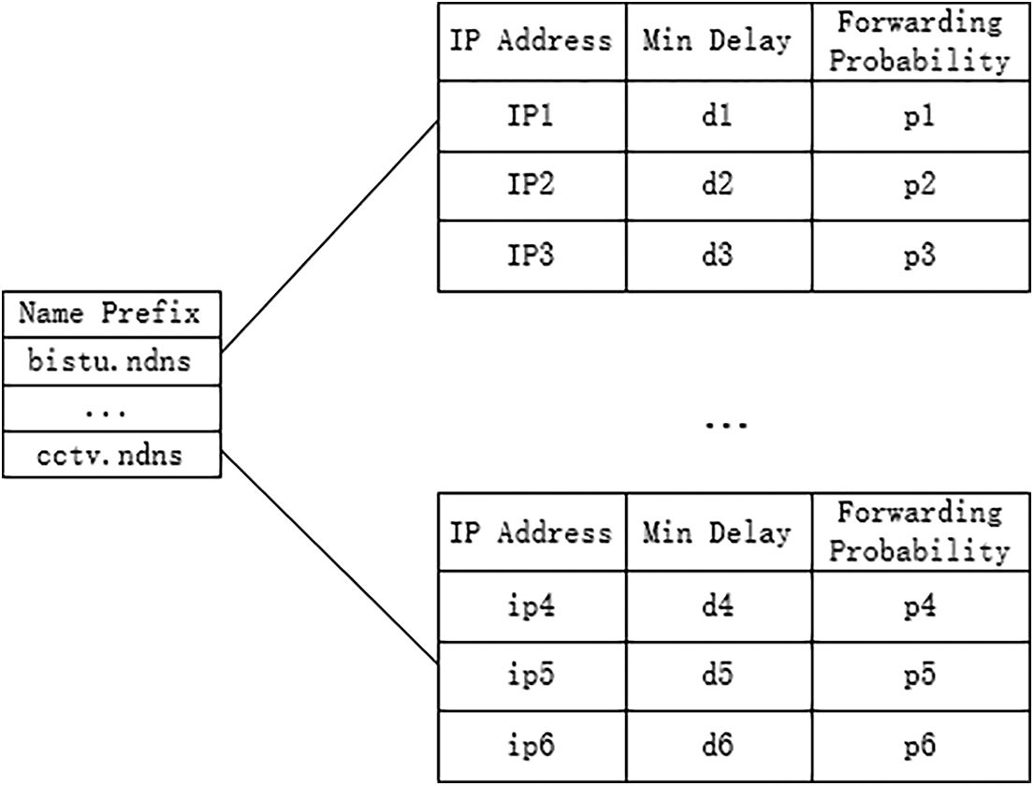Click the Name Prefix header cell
(x=111, y=313)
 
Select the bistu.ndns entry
(x=111, y=360)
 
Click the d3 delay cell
(x=716, y=256)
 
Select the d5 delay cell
(x=716, y=676)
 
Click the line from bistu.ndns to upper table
(x=329, y=238)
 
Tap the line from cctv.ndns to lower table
(x=329, y=559)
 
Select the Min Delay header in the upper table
(x=716, y=41)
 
